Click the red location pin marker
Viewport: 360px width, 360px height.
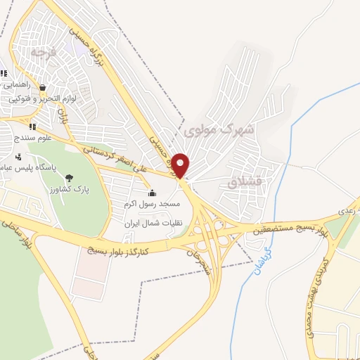(181, 165)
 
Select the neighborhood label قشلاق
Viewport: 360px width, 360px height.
(245, 181)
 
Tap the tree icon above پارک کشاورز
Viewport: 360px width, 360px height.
(67, 178)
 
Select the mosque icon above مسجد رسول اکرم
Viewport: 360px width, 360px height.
(152, 193)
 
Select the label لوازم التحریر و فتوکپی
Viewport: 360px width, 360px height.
(44, 99)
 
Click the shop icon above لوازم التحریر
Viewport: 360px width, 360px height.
(43, 89)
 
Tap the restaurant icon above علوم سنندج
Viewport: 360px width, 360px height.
(32, 127)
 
